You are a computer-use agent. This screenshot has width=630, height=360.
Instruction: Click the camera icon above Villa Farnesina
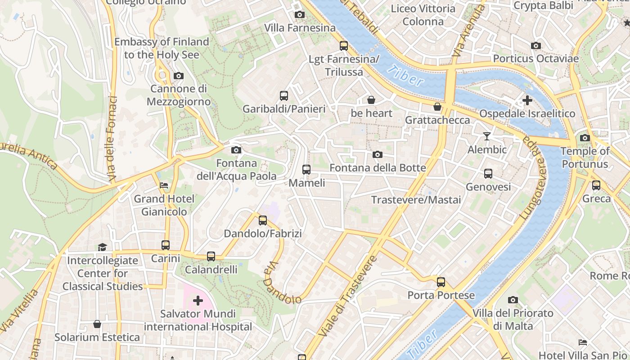pyautogui.click(x=299, y=15)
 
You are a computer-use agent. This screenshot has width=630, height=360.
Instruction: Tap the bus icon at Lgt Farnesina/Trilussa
pyautogui.click(x=344, y=45)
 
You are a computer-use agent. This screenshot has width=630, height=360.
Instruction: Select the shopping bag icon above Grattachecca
pyautogui.click(x=437, y=107)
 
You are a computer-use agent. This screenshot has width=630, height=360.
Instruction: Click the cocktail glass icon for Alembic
pyautogui.click(x=487, y=136)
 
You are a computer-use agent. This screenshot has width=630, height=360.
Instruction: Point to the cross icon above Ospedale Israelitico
pyautogui.click(x=527, y=100)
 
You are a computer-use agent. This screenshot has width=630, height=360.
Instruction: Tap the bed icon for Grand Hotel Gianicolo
pyautogui.click(x=164, y=185)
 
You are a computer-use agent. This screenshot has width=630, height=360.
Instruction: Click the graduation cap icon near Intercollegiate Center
pyautogui.click(x=102, y=247)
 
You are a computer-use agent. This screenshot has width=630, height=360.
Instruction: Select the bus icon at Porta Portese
pyautogui.click(x=441, y=282)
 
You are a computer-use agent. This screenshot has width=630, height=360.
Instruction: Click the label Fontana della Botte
pyautogui.click(x=378, y=168)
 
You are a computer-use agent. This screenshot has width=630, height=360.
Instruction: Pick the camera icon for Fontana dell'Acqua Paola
pyautogui.click(x=236, y=150)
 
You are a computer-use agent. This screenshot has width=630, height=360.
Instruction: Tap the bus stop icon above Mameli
pyautogui.click(x=306, y=170)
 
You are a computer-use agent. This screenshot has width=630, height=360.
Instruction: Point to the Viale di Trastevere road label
pyautogui.click(x=347, y=297)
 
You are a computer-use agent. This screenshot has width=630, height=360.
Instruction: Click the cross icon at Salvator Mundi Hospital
pyautogui.click(x=198, y=300)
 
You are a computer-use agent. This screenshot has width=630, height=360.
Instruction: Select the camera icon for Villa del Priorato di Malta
pyautogui.click(x=513, y=300)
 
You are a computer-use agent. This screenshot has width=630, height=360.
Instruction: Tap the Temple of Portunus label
pyautogui.click(x=585, y=157)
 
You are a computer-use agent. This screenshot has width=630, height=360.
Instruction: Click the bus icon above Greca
pyautogui.click(x=596, y=185)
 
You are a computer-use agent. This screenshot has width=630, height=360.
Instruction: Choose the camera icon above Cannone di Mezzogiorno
pyautogui.click(x=179, y=76)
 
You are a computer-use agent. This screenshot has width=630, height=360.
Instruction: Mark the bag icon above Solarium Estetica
pyautogui.click(x=97, y=324)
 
